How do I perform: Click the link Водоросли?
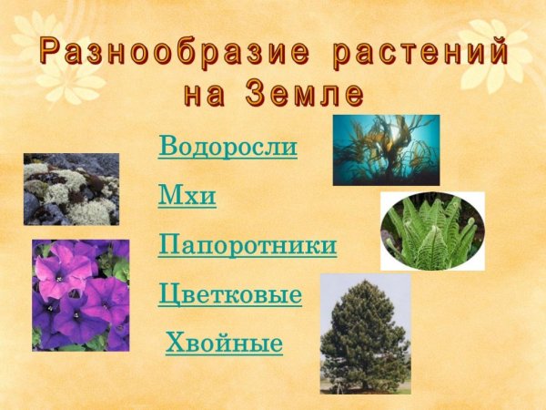point(227,146)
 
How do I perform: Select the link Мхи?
point(187,195)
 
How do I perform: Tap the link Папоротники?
point(248,244)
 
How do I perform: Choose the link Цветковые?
point(230,294)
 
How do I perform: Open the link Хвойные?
point(224,343)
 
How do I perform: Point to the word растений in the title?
point(420,52)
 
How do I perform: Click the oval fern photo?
point(431,231)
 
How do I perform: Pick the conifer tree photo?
point(365,333)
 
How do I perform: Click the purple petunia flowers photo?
point(80,295)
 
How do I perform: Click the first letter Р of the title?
point(50,52)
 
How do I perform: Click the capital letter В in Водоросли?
point(167,146)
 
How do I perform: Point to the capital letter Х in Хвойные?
point(176,343)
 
